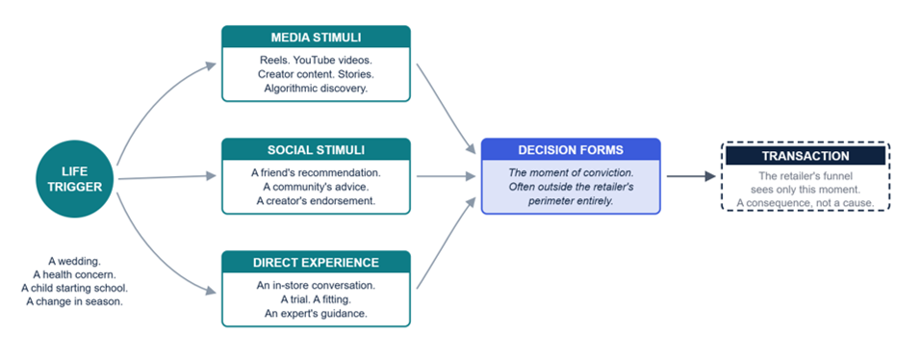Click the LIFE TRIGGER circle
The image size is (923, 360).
click(x=74, y=179)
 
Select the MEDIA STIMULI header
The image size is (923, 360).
click(x=316, y=38)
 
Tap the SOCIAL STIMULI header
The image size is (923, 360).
click(x=316, y=150)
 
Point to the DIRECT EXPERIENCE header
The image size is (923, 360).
click(x=316, y=263)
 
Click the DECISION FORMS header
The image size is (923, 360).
click(x=571, y=150)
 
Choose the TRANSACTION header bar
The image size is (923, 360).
click(x=806, y=156)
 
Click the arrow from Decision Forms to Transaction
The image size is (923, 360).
click(x=691, y=176)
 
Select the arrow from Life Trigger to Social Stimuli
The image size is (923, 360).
click(x=167, y=177)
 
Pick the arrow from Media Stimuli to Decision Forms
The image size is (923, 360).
click(x=446, y=109)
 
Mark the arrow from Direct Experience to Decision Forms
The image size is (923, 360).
click(x=446, y=243)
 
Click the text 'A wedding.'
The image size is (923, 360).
click(x=74, y=261)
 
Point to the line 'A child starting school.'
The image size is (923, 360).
click(x=74, y=288)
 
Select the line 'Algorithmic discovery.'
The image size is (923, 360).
click(x=316, y=89)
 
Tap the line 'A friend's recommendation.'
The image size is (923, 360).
click(x=316, y=173)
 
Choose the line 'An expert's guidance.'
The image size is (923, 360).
click(x=316, y=313)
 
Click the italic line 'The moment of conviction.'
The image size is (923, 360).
click(x=571, y=173)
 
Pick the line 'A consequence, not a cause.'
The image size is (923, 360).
click(x=806, y=203)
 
